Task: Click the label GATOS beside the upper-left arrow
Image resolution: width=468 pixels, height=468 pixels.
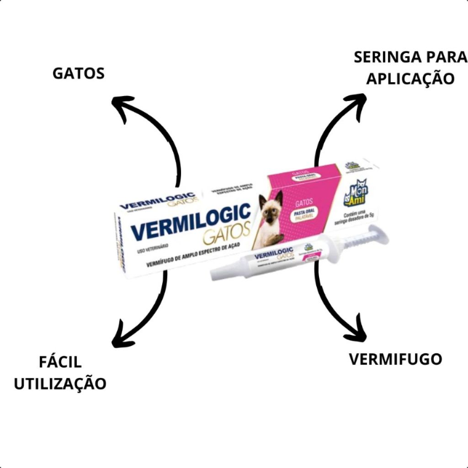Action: (x=79, y=73)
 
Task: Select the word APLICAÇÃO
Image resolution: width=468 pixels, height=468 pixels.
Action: (x=410, y=78)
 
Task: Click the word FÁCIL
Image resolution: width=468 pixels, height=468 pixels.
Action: (x=60, y=362)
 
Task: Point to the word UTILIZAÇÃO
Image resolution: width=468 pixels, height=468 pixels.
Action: (x=60, y=383)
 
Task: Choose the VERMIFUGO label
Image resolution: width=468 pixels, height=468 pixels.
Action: (x=395, y=359)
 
